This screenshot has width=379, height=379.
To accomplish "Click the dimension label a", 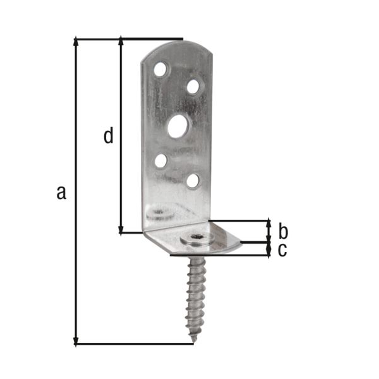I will (61, 192).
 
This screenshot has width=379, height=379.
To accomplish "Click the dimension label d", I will (109, 135).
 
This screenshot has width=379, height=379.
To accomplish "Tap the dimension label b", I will (283, 230).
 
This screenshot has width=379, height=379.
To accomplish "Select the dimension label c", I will (282, 250).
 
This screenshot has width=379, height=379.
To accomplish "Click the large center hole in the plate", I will (177, 126).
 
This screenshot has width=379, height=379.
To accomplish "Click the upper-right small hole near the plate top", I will (193, 86).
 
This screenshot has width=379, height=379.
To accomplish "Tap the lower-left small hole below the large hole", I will (161, 160).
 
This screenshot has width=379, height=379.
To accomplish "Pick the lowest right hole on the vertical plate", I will (193, 181).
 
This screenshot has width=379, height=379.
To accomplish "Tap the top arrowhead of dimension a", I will (76, 42).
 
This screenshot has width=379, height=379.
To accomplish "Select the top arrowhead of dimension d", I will (120, 42).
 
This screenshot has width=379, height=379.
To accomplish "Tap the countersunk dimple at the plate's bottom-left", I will (159, 212).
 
